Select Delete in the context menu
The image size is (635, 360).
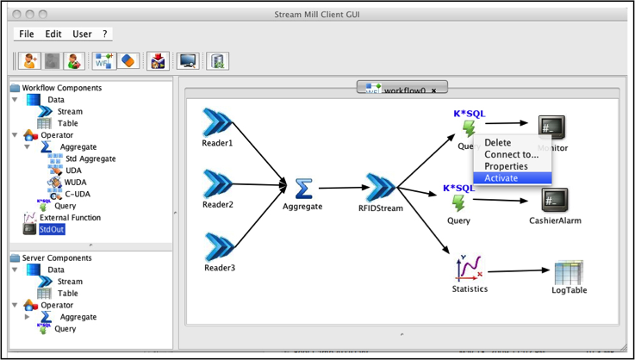[498, 143]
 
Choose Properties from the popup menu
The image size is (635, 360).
[506, 166]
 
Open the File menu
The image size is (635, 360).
[27, 34]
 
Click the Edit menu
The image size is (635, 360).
[53, 34]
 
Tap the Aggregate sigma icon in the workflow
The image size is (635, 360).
[302, 188]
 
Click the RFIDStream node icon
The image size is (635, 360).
[380, 188]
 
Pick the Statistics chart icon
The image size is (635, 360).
[469, 269]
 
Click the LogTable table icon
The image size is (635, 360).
[569, 272]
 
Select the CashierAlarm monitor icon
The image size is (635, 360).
[555, 201]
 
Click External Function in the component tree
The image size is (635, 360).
[70, 218]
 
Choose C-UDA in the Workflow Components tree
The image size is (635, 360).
[79, 194]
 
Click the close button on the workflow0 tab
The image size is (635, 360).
[433, 90]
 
